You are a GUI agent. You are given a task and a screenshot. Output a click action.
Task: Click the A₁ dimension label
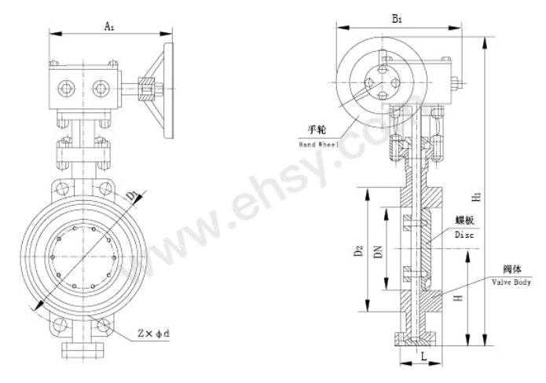pos(110,26)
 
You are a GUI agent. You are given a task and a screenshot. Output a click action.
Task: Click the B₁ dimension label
pos(398,19)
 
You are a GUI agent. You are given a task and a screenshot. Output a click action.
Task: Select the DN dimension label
pos(378,251)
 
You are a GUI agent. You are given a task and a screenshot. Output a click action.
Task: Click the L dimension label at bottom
pos(423,356)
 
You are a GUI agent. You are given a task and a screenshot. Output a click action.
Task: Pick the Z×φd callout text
pos(153,334)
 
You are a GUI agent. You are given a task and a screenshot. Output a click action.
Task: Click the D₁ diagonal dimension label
pos(132,196)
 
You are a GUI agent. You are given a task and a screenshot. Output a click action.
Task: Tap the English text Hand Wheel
pos(319,144)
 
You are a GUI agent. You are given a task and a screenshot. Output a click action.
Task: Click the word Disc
pos(464,235)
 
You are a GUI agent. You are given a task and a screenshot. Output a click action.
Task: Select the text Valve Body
pos(511,282)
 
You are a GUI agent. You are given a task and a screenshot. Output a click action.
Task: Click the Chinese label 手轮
pos(317,129)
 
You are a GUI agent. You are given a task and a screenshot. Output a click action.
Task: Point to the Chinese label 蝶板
pos(464,220)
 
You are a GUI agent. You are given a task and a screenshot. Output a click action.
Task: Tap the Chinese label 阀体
pos(512,269)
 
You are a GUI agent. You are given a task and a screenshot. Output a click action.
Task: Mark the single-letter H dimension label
pos(460,297)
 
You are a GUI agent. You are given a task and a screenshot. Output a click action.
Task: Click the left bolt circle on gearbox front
pos(65,89)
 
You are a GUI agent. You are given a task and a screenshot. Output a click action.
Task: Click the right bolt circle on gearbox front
pos(101,89)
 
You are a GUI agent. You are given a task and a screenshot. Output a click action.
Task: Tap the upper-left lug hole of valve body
pos(62,189)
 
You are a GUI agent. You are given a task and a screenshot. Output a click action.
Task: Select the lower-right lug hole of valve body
pos(104,326)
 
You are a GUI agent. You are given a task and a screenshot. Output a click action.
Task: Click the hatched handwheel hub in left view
pos(147,89)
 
